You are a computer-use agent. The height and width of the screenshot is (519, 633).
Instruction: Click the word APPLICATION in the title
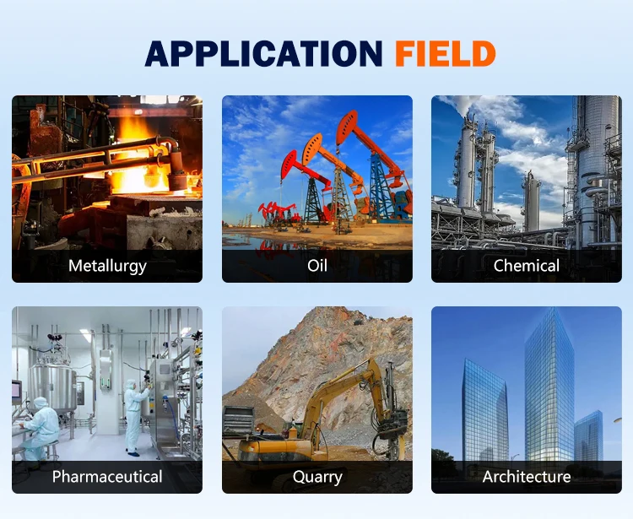tap(263, 53)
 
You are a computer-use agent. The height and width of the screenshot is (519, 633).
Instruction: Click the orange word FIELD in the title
tap(446, 53)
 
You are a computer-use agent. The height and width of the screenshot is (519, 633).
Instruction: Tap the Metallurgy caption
tap(107, 267)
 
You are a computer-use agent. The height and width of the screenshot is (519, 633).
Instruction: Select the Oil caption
tap(317, 266)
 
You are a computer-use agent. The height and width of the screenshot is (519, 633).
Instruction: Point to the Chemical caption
tap(527, 266)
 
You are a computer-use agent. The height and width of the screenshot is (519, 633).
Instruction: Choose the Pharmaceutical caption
tap(107, 477)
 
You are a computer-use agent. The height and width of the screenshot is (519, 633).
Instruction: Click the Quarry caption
tap(317, 478)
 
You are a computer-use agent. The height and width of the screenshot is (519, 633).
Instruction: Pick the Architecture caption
tap(527, 477)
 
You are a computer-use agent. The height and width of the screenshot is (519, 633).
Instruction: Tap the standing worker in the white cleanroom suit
tap(134, 417)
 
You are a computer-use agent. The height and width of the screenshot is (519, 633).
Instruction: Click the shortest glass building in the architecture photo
tap(588, 436)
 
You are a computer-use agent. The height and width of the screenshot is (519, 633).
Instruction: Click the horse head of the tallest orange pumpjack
tap(346, 127)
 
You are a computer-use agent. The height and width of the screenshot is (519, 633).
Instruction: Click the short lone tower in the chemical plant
tap(531, 202)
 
